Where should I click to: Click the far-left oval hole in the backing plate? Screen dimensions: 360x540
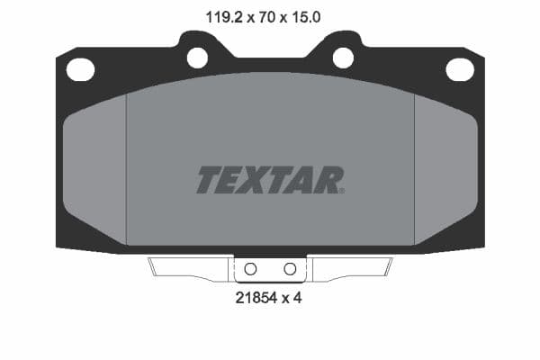pos(81,68)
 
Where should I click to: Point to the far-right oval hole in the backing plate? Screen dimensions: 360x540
pos(459,68)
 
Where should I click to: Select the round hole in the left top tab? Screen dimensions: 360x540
pos(197,58)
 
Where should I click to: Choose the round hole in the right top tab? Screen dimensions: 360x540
pos(343,58)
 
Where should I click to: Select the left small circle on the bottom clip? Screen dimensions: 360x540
pos(251,269)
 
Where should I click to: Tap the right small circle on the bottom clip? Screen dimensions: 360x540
pos(290,269)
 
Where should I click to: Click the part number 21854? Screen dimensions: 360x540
pos(257,298)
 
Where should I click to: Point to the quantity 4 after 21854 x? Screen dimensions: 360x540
pos(297,298)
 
